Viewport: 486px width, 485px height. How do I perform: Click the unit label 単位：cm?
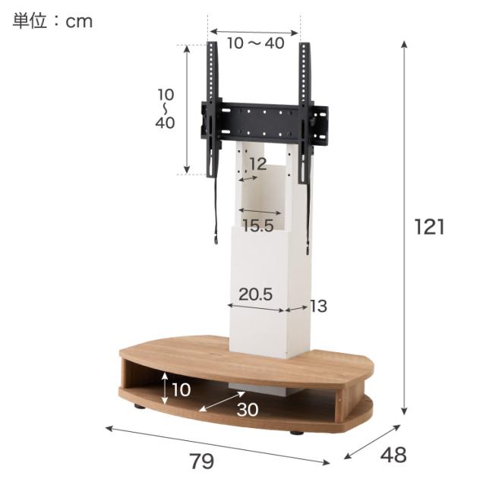pos(52,21)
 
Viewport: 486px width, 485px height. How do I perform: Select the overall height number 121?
pos(429,227)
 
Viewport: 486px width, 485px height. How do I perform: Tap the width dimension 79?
pos(201,461)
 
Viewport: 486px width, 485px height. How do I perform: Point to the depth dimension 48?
pos(393,455)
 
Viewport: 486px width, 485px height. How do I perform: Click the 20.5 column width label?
pos(256,294)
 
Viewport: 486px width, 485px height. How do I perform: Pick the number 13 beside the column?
pos(318,306)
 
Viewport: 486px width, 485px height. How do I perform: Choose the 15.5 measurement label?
pos(258,225)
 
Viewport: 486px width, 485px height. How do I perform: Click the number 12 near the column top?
pos(258,164)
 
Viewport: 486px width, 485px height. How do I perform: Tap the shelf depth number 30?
pos(248,409)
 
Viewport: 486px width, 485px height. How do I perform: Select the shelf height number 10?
pos(181,389)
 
